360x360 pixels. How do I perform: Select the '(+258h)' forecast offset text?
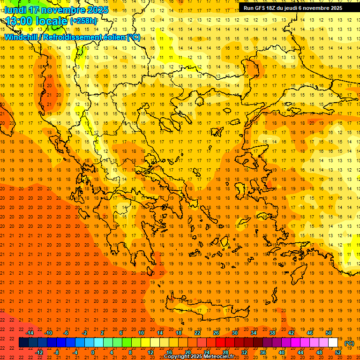83,21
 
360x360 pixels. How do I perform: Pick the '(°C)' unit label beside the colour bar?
349,343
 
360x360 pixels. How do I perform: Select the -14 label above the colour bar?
30,333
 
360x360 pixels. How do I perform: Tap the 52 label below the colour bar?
338,352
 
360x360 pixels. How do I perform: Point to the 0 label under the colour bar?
93,352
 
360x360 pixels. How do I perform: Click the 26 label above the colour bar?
216,333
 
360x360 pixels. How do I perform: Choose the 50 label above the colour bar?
329,333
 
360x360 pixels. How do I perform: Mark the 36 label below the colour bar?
263,352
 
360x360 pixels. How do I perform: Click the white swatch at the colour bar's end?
333,343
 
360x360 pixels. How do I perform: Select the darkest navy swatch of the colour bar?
23,343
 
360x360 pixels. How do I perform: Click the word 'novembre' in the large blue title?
63,9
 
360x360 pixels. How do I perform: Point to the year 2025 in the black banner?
335,8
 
